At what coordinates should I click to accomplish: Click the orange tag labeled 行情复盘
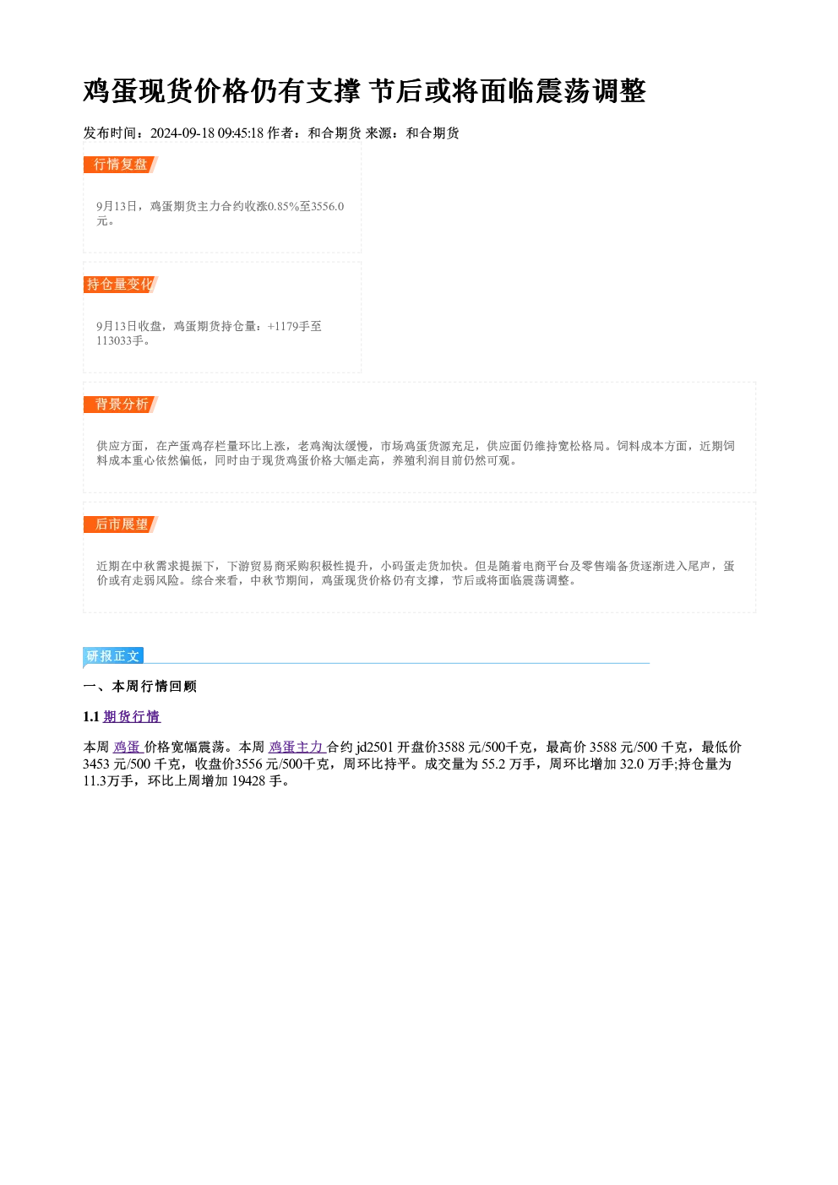tap(121, 165)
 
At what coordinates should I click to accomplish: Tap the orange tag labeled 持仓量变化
tap(121, 285)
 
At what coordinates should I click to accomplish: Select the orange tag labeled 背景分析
tap(121, 405)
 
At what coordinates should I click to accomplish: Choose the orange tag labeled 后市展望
tap(121, 525)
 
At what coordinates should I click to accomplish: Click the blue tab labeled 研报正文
tap(113, 656)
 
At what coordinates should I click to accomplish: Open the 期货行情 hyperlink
tap(132, 717)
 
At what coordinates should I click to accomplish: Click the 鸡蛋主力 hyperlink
tap(297, 747)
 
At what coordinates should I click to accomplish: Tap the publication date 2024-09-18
tap(182, 133)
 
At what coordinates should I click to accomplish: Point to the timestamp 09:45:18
tap(241, 133)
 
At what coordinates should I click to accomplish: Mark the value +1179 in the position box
tap(283, 326)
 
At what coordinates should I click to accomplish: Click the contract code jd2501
tap(374, 747)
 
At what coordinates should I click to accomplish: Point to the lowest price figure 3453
tap(96, 764)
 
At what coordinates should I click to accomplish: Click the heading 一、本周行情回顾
tap(140, 687)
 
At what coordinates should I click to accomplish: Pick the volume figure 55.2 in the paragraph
tap(493, 764)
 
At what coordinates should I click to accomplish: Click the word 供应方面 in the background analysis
tap(120, 447)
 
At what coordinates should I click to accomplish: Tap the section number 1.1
tap(91, 717)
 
